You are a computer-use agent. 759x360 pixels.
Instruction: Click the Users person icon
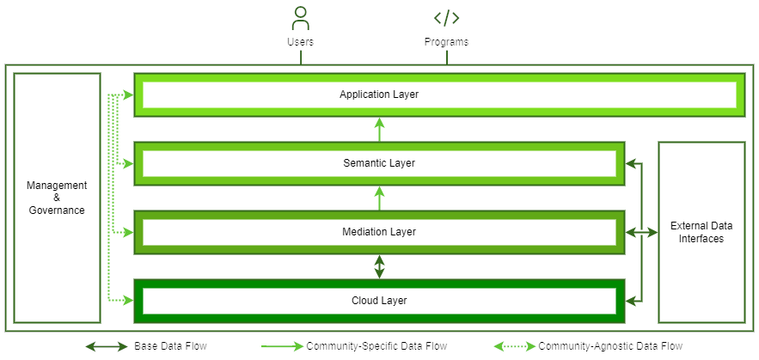[x=300, y=18]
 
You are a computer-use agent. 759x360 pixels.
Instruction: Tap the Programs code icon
[x=446, y=18]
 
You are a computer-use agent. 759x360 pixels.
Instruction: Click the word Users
[x=300, y=41]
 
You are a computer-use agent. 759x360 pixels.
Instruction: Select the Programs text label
[x=446, y=41]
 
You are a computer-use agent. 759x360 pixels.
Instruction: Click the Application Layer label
[x=379, y=95]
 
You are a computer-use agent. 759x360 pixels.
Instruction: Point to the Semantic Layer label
[x=379, y=163]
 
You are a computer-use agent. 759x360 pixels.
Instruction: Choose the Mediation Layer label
[x=379, y=232]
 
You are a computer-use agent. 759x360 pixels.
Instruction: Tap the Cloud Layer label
[x=379, y=301]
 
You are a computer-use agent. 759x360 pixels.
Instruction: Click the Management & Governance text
[x=57, y=198]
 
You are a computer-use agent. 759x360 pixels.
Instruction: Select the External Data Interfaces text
[x=701, y=232]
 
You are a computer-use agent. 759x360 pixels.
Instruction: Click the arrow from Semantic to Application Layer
[x=379, y=129]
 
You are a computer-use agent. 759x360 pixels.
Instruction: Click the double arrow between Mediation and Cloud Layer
[x=379, y=266]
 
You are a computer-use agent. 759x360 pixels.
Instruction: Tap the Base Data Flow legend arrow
[x=107, y=346]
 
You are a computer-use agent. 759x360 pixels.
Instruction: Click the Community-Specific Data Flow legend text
[x=376, y=346]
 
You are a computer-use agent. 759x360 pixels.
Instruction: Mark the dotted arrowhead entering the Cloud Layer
[x=128, y=301]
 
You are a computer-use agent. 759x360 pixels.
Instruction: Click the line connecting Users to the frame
[x=300, y=57]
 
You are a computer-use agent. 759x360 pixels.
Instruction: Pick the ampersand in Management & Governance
[x=57, y=198]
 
